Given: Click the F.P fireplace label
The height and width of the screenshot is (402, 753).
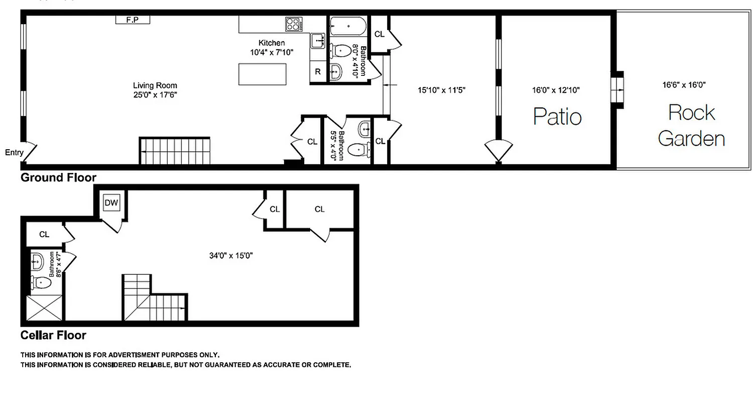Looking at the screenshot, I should [133, 20].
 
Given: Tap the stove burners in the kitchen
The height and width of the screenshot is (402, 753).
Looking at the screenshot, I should [294, 24].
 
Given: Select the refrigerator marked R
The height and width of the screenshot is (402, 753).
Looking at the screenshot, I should [318, 72].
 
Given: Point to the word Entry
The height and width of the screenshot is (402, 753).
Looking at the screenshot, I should [14, 152].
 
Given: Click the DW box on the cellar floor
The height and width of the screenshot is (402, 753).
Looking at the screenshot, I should [111, 203].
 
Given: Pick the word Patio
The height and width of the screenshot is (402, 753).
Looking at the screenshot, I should [557, 116].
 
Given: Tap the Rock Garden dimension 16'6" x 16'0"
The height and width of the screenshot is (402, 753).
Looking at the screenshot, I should [684, 85].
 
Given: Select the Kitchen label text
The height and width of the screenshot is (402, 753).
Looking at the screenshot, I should [272, 43].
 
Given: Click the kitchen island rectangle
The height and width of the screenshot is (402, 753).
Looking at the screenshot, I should [263, 74].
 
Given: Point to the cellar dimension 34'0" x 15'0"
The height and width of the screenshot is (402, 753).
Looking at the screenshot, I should [231, 255].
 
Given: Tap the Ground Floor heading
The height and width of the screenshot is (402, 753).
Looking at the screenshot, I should [58, 177].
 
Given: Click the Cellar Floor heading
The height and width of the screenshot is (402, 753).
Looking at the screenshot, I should [53, 335].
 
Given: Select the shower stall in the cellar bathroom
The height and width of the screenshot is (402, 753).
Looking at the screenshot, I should [45, 308].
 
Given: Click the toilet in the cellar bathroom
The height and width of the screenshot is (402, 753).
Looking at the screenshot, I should [40, 283].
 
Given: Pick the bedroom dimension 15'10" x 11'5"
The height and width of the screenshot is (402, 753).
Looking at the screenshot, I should [442, 90].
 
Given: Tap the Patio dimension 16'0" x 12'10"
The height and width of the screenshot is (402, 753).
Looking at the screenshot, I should [556, 90].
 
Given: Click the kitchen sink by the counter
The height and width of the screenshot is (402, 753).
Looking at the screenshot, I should [317, 40].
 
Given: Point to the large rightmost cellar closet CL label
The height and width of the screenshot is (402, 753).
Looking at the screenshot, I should [320, 209].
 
